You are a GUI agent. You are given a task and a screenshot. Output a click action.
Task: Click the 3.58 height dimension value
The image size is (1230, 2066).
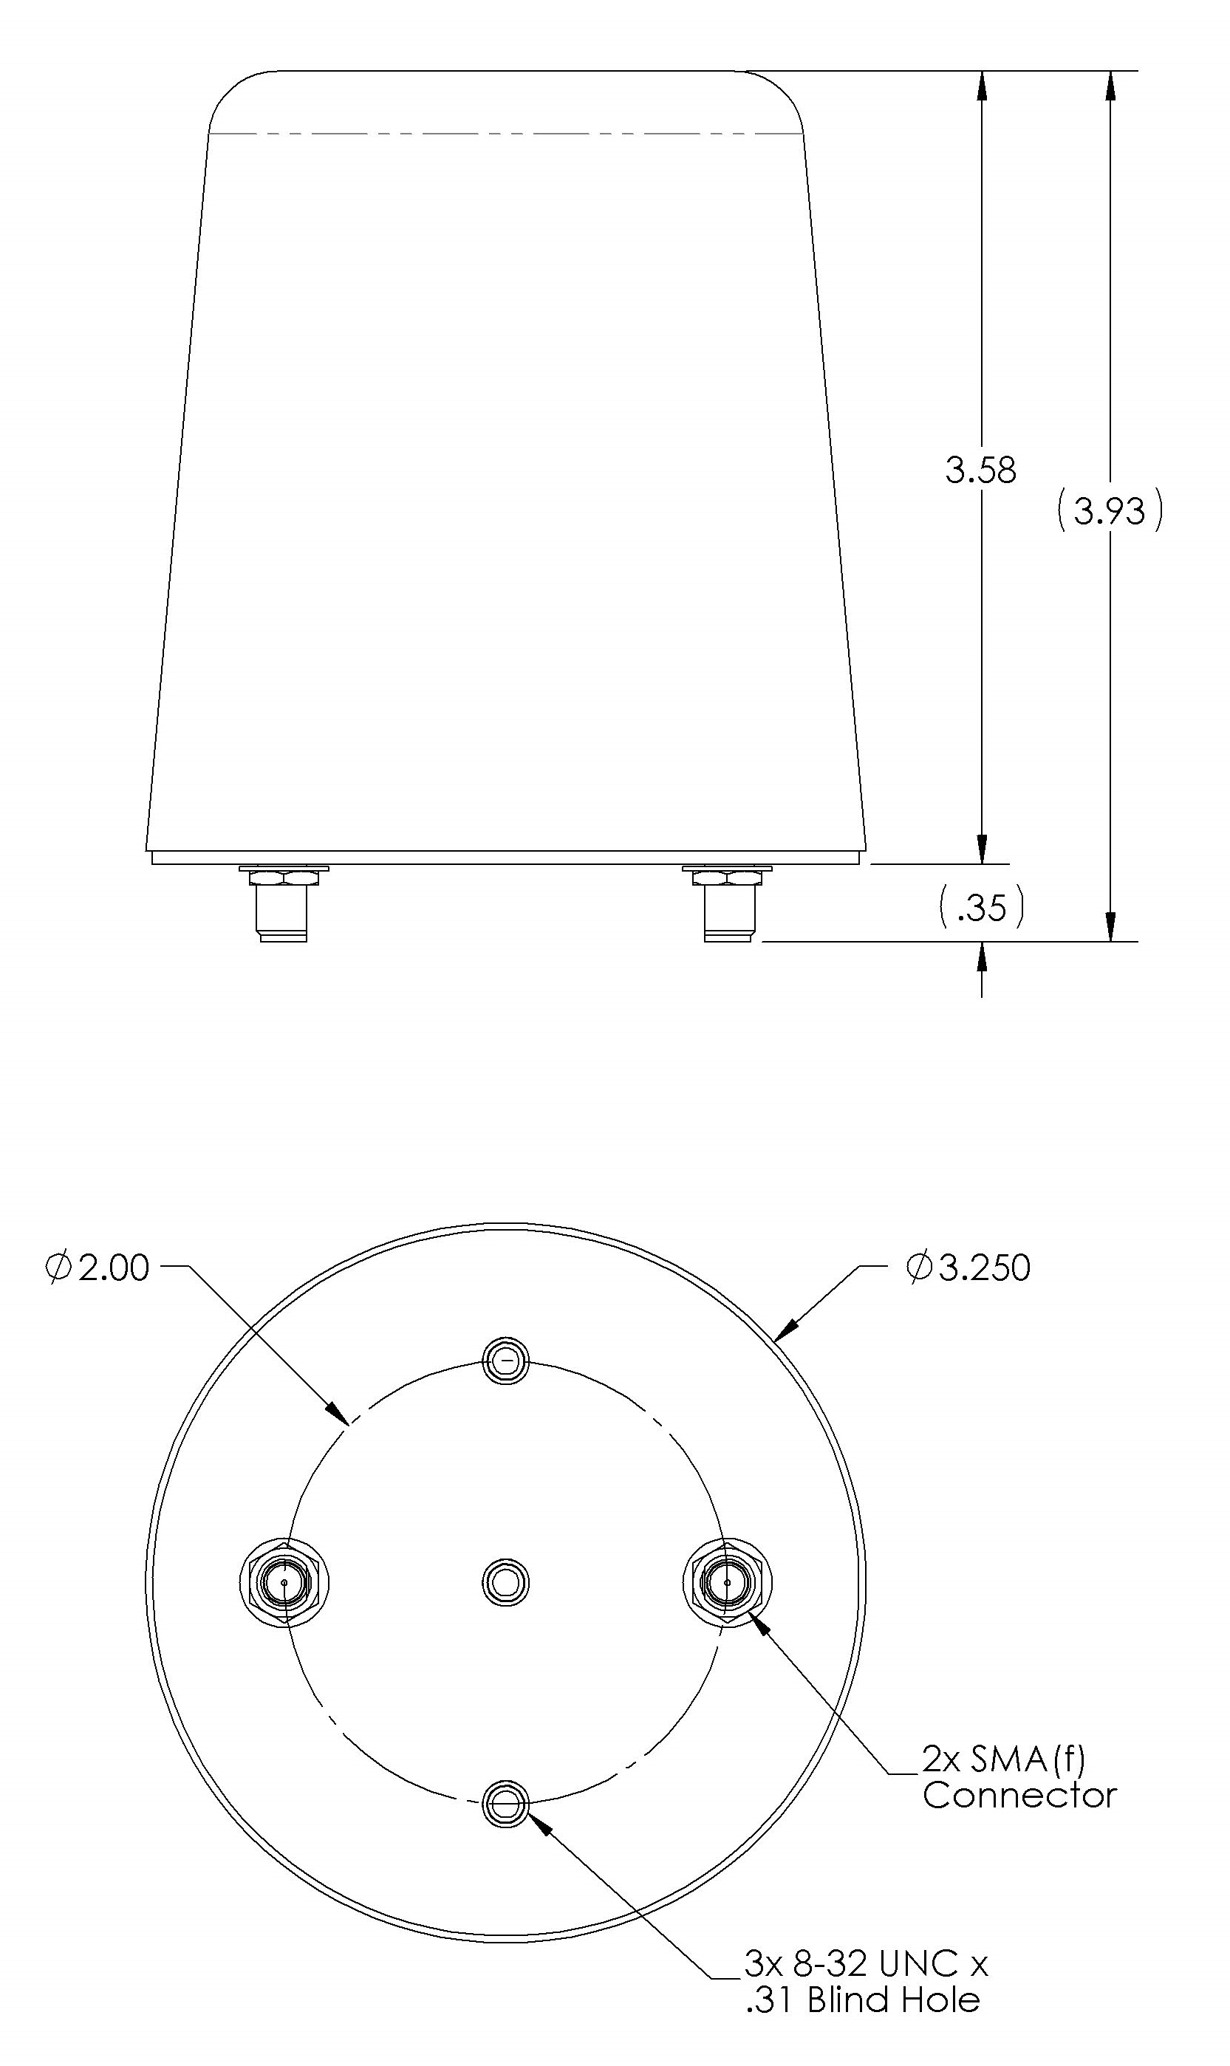[980, 471]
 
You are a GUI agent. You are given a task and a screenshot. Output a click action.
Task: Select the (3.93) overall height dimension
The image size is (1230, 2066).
[1110, 510]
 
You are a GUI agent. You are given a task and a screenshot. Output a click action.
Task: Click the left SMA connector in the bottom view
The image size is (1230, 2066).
[284, 1583]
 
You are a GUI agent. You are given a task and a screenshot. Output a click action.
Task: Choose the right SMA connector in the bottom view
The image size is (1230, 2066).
[727, 1583]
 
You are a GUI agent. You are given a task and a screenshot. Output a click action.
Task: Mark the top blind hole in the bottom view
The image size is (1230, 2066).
[505, 1361]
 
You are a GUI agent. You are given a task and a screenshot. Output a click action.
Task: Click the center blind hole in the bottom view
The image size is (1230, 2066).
[505, 1583]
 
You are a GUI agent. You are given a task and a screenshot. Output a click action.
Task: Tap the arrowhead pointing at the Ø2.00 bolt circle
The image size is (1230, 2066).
[338, 1414]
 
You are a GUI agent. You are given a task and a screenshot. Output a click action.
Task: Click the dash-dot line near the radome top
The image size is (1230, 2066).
[505, 134]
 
